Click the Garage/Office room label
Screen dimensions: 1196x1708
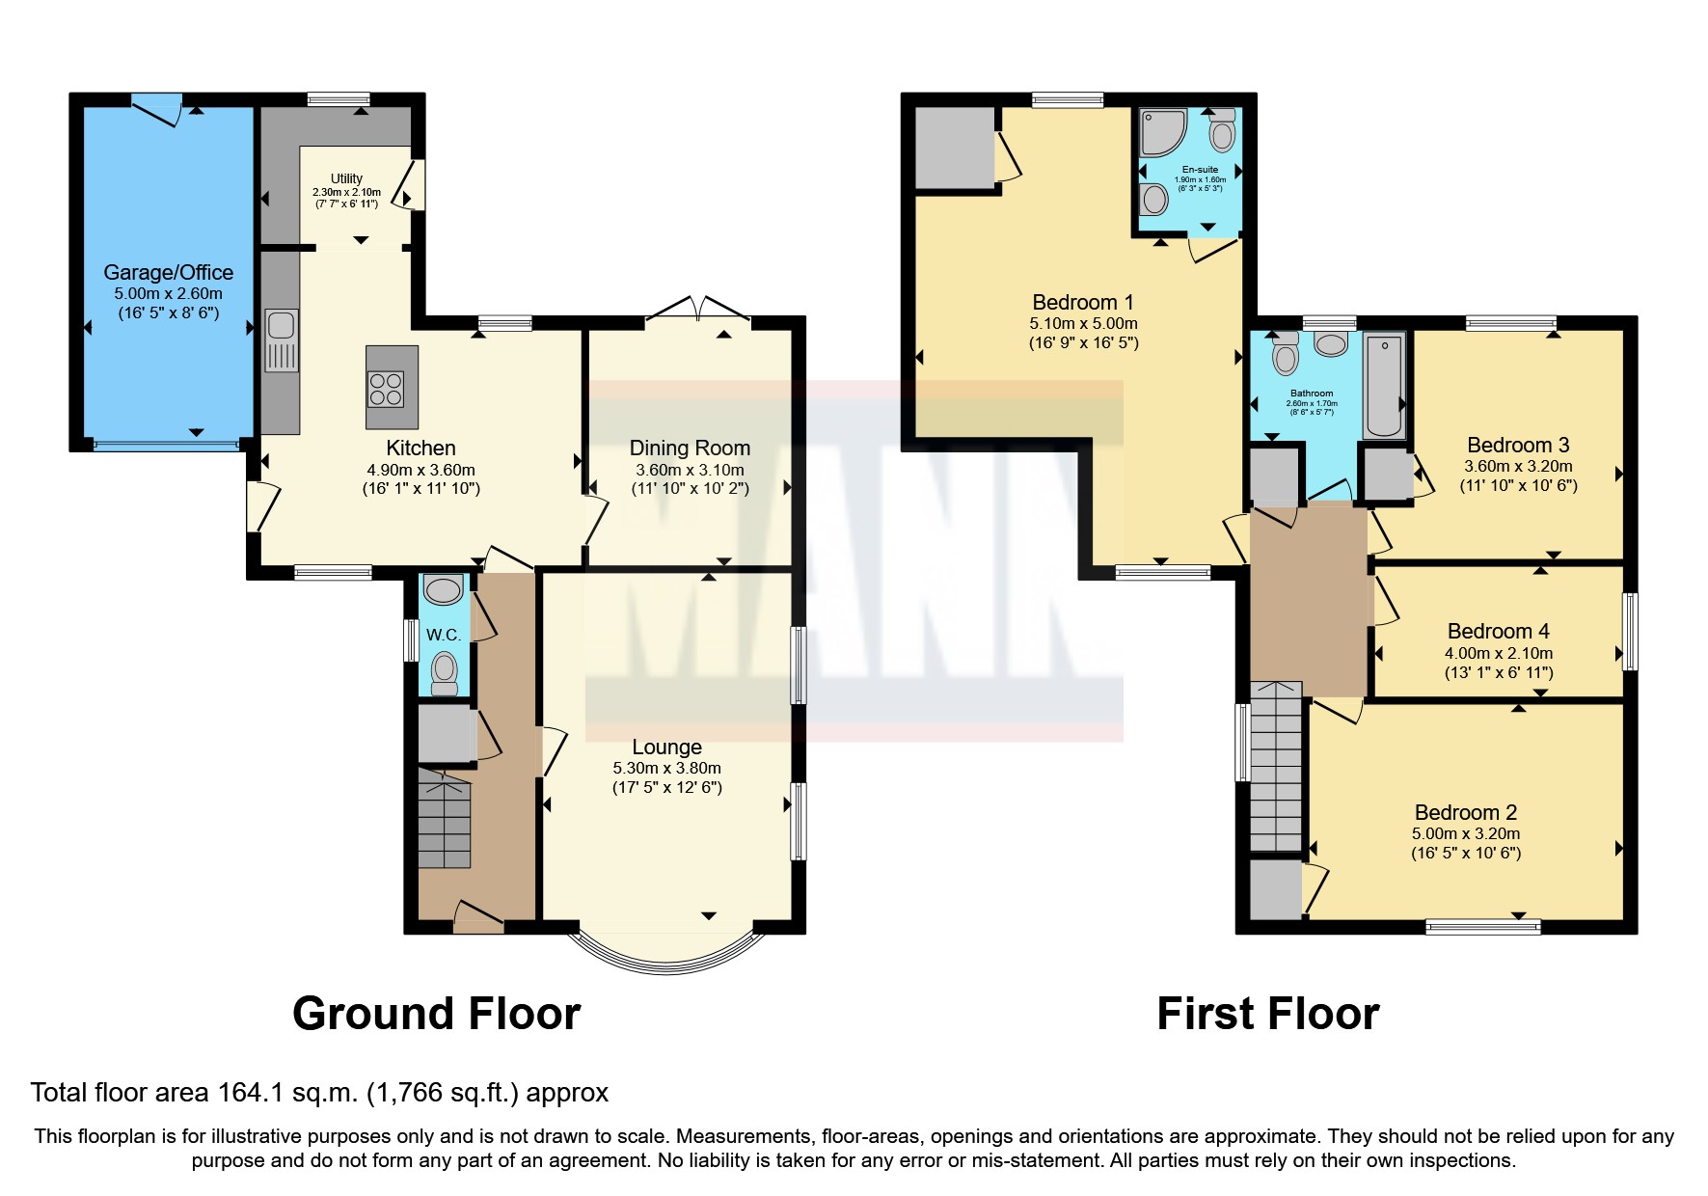click(x=168, y=273)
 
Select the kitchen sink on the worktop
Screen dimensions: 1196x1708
click(x=282, y=340)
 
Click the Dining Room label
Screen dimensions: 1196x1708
click(x=690, y=448)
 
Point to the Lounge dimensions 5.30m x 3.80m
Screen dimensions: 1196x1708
click(x=666, y=769)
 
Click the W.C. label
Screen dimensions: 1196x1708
click(x=444, y=635)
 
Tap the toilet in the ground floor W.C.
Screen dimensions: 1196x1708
click(x=444, y=672)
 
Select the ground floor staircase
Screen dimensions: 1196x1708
click(x=445, y=820)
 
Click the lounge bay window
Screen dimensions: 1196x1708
click(x=665, y=955)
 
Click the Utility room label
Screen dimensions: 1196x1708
click(x=346, y=178)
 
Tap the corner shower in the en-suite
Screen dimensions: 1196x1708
click(x=1161, y=133)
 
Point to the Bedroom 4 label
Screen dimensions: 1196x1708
click(x=1498, y=632)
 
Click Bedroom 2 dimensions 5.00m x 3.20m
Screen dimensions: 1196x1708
click(x=1466, y=834)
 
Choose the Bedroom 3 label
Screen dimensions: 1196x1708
click(x=1518, y=446)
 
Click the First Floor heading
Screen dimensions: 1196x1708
click(x=1267, y=1015)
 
